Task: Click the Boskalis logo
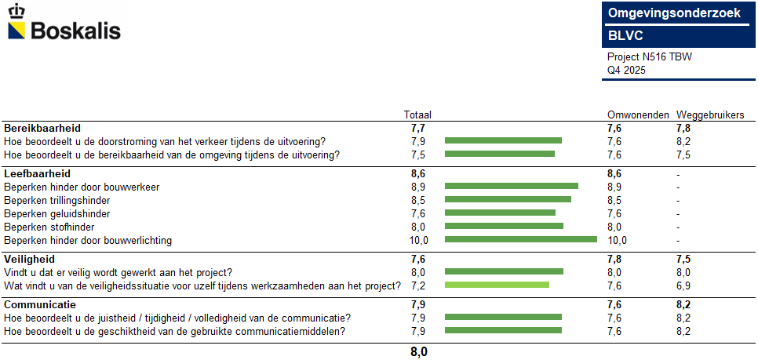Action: (x=64, y=24)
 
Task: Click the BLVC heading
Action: (x=625, y=35)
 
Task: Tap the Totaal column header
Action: (x=417, y=115)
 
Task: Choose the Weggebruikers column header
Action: (x=710, y=115)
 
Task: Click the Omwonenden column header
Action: (x=638, y=115)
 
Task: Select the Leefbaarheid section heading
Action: (x=38, y=173)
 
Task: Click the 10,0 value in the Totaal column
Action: (x=419, y=240)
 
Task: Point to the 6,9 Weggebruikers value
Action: (x=683, y=285)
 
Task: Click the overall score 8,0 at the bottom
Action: (x=419, y=352)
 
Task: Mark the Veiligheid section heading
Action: (x=29, y=259)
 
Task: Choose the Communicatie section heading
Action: (x=40, y=304)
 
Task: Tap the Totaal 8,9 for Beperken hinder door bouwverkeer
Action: (x=418, y=187)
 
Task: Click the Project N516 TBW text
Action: (x=650, y=57)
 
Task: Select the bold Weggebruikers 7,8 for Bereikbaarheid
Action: (x=683, y=128)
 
